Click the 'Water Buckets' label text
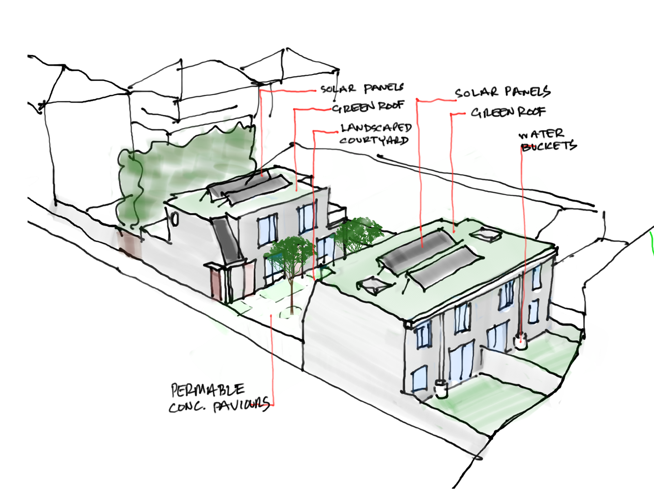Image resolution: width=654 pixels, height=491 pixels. (x=548, y=140)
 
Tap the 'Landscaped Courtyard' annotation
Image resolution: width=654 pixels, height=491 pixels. (x=375, y=134)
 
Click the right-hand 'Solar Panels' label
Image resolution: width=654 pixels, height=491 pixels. (x=503, y=92)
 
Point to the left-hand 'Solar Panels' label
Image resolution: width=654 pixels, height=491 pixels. (x=362, y=89)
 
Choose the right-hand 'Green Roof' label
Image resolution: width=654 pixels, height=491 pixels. (x=508, y=112)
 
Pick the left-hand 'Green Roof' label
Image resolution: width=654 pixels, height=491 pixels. (x=368, y=107)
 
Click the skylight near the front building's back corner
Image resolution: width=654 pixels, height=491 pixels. (x=486, y=234)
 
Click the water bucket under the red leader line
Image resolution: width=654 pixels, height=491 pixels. (x=520, y=342)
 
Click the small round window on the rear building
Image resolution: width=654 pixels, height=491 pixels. (x=175, y=219)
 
